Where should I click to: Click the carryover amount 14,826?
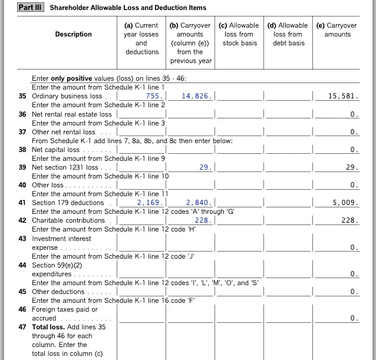[x=197, y=96]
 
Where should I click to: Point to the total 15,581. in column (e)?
[x=344, y=96]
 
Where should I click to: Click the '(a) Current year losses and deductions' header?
[x=141, y=38]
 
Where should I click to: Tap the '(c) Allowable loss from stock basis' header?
[x=239, y=34]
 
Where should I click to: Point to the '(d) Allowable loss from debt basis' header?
[x=288, y=34]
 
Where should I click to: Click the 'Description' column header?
[x=73, y=34]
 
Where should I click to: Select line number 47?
[x=22, y=326]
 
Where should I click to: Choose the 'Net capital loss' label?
[x=55, y=150]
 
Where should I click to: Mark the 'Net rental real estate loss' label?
[x=71, y=114]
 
